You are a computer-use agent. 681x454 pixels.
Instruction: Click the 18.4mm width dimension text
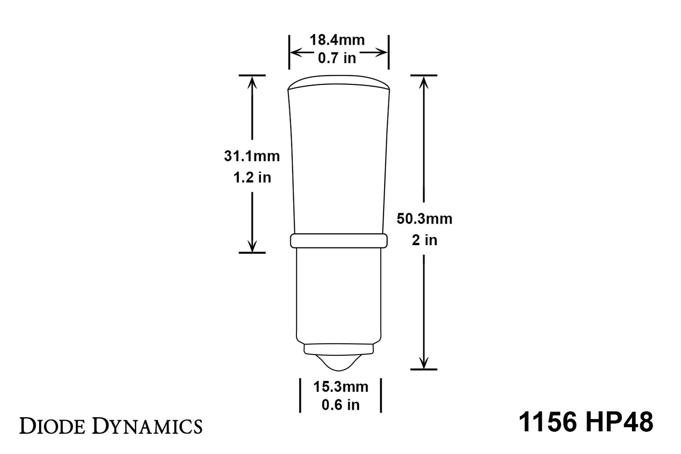(337, 40)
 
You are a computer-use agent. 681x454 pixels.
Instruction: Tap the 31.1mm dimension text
(252, 156)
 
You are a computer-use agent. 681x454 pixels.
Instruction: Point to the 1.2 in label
(252, 177)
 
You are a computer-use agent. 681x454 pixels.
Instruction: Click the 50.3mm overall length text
(424, 219)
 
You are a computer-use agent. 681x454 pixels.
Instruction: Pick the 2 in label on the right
(424, 240)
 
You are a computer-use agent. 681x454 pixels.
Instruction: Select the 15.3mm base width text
(341, 387)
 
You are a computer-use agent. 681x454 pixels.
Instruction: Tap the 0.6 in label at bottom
(340, 404)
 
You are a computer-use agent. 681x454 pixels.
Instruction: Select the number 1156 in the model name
(548, 422)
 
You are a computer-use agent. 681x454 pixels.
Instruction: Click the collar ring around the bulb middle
(338, 240)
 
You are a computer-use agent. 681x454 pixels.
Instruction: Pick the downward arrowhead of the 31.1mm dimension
(252, 246)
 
